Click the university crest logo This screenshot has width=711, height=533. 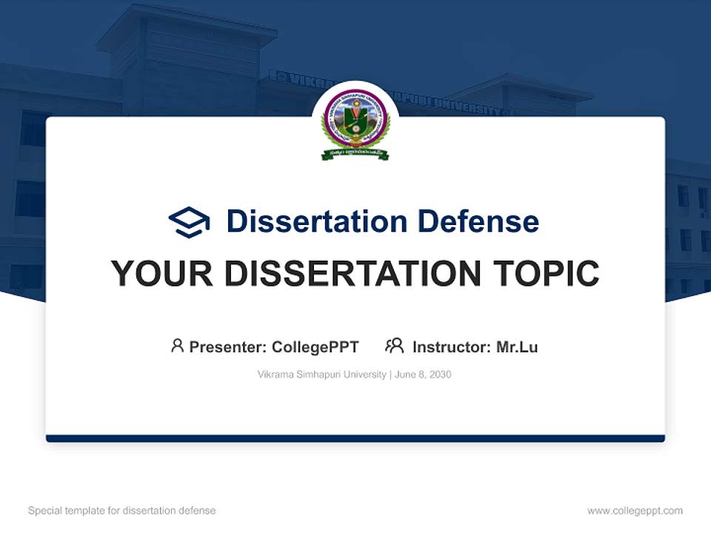(355, 122)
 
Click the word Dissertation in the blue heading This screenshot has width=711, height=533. (316, 221)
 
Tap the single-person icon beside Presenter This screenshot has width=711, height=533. (177, 346)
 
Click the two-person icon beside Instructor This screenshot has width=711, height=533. (394, 346)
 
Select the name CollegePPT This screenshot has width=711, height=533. (315, 346)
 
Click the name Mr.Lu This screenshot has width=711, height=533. (517, 346)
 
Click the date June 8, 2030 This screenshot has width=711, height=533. (423, 375)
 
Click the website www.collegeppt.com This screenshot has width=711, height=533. (635, 511)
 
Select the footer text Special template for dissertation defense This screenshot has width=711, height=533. (121, 511)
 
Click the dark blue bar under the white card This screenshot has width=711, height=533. (355, 438)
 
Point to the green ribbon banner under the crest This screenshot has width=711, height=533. (355, 153)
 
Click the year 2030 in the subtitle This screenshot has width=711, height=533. (439, 375)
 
